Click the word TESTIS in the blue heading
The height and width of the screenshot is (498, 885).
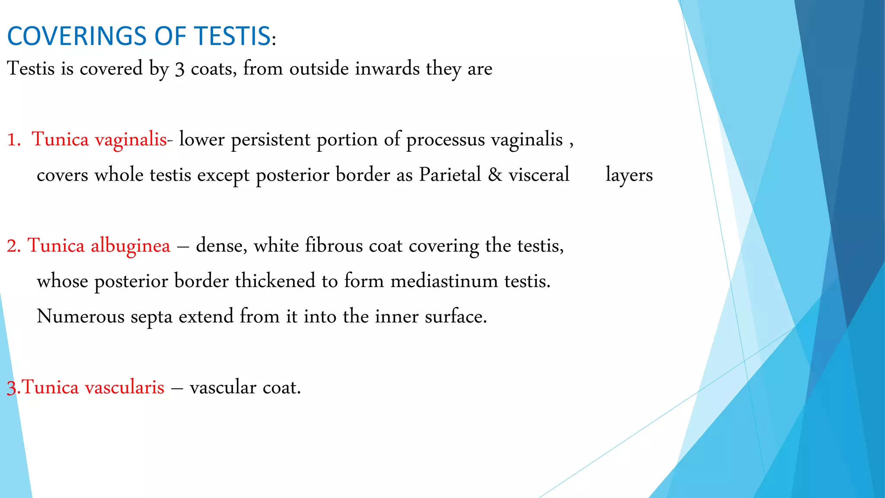coord(233,36)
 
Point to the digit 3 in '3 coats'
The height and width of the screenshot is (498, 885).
coord(179,69)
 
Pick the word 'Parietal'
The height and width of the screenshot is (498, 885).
coord(450,175)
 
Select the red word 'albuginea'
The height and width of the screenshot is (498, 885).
coord(131,246)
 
